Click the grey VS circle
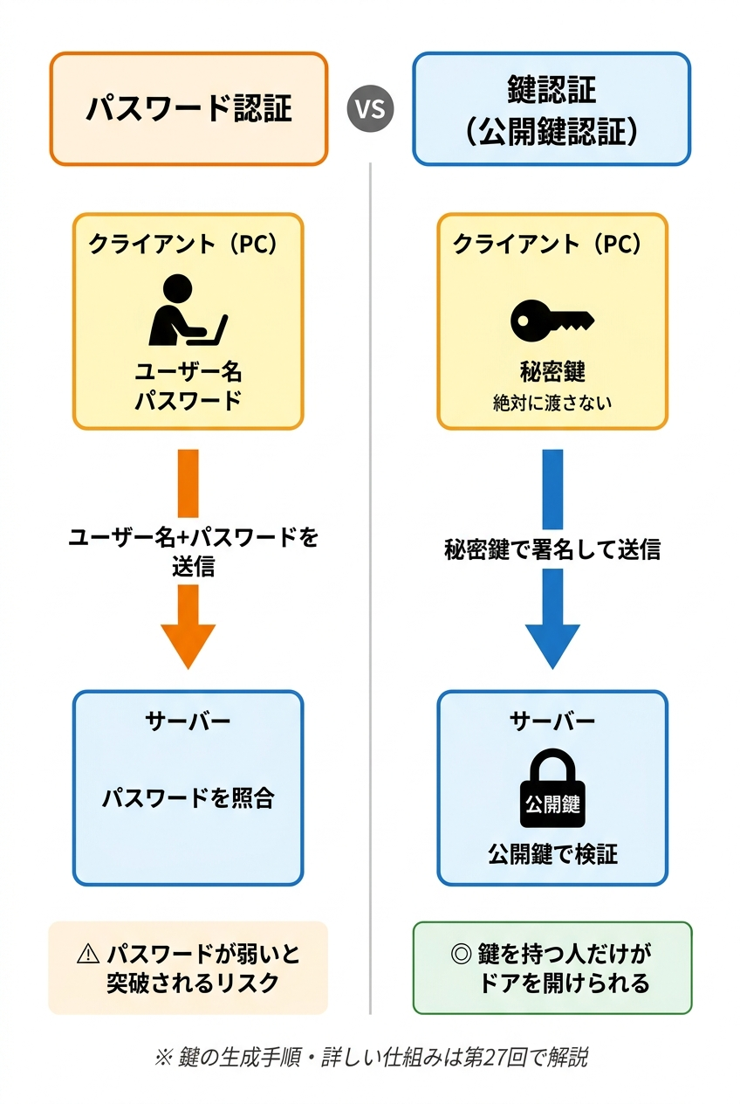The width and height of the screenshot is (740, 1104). click(371, 109)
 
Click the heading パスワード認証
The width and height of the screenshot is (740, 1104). click(188, 108)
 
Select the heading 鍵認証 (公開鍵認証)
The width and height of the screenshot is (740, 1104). click(552, 108)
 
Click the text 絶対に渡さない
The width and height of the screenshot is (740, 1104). click(552, 403)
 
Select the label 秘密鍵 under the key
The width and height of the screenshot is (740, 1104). click(552, 372)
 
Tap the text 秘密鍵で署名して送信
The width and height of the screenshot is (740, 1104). click(552, 549)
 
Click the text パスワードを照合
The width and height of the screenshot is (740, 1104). click(188, 797)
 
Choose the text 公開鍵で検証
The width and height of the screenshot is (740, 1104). click(552, 853)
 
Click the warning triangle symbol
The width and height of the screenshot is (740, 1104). click(88, 955)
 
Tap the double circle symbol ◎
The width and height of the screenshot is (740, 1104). click(463, 954)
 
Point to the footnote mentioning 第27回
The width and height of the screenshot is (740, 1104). click(370, 1057)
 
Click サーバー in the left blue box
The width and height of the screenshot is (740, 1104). click(188, 721)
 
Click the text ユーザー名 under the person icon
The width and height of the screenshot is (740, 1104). click(188, 372)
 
